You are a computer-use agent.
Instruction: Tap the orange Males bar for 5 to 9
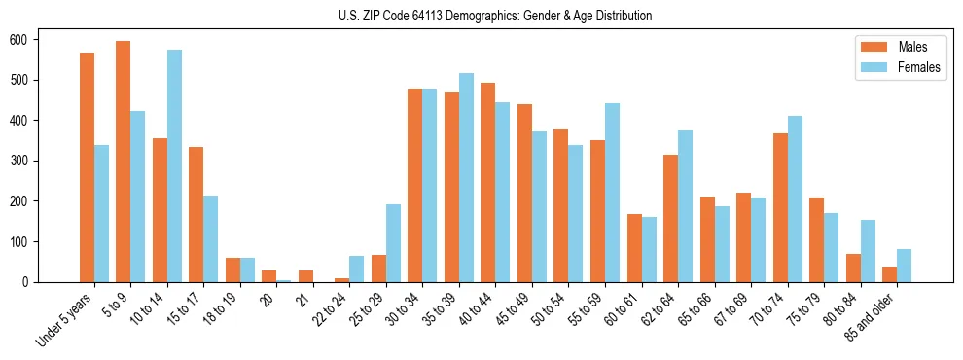coord(124,162)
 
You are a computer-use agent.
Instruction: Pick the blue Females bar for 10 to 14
coord(174,165)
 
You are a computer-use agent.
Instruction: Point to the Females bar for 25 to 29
coord(393,243)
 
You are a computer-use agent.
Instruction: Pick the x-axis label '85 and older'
coord(872,316)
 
